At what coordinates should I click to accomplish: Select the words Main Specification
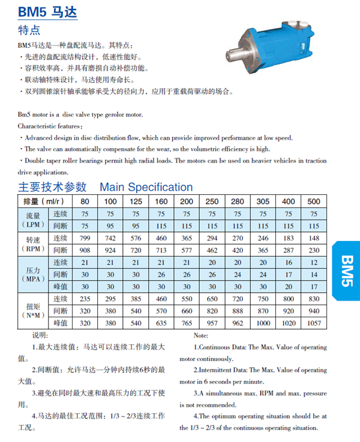tap(146, 187)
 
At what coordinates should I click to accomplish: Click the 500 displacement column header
tap(313, 201)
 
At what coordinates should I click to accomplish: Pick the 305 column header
tap(263, 201)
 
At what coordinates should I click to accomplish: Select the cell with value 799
tap(85, 237)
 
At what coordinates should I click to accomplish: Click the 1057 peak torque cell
tap(313, 323)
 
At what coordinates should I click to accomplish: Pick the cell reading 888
tap(238, 311)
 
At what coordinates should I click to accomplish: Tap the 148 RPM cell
tap(313, 237)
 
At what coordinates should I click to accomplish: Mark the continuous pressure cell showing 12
tap(313, 262)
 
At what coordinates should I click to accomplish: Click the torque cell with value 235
tap(85, 299)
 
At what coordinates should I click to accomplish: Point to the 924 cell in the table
tap(110, 249)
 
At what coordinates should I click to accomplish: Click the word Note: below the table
tap(201, 335)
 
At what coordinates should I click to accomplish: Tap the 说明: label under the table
tap(40, 335)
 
